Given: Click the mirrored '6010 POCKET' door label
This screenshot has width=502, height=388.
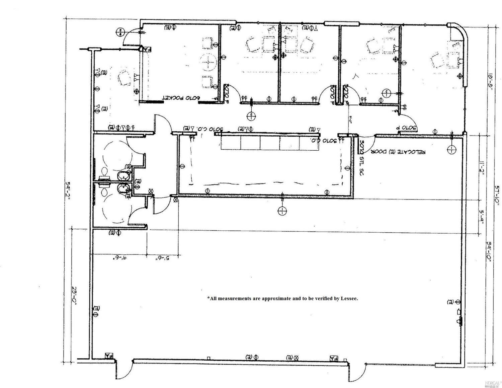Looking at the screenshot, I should point(181,98).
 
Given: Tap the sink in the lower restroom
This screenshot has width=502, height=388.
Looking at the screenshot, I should point(123,189).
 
